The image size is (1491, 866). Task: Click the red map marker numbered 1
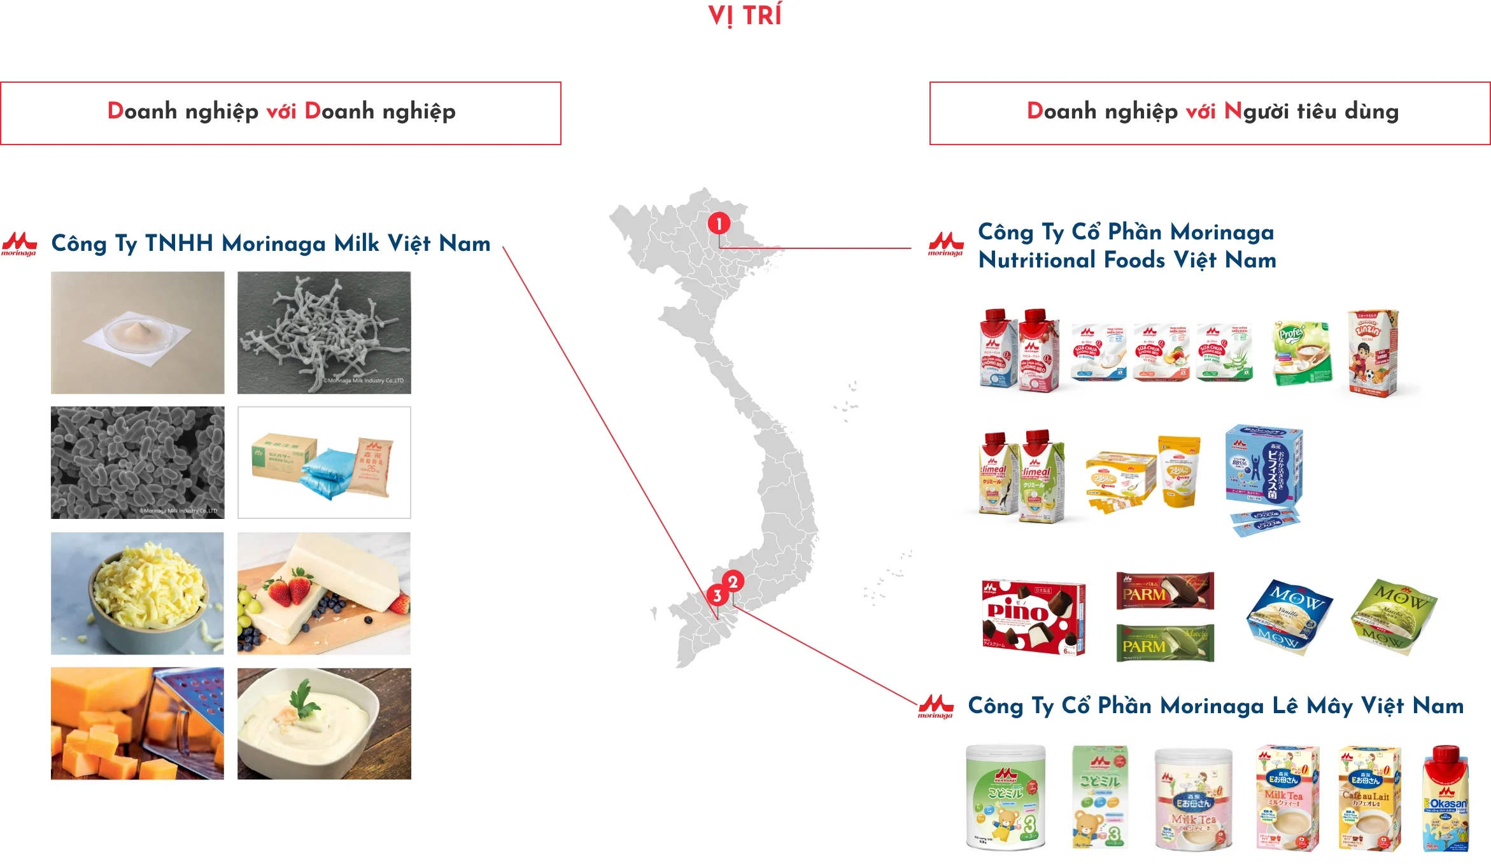click(x=719, y=224)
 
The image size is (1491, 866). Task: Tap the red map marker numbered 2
click(x=733, y=581)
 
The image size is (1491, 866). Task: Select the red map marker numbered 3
click(x=717, y=595)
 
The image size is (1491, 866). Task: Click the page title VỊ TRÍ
click(x=745, y=15)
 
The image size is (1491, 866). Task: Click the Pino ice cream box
click(x=1033, y=617)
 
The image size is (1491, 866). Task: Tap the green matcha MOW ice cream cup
click(x=1393, y=616)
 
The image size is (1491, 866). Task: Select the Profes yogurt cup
click(x=1301, y=352)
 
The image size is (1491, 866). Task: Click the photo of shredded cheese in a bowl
click(x=138, y=593)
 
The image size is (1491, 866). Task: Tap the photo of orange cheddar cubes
click(x=138, y=723)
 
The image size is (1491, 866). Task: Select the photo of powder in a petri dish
click(x=138, y=332)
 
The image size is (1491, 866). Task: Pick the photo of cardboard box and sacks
click(x=324, y=462)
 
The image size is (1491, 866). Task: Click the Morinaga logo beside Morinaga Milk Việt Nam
click(x=19, y=244)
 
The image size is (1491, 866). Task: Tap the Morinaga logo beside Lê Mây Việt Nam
click(x=935, y=706)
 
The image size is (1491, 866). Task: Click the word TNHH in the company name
click(x=179, y=243)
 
